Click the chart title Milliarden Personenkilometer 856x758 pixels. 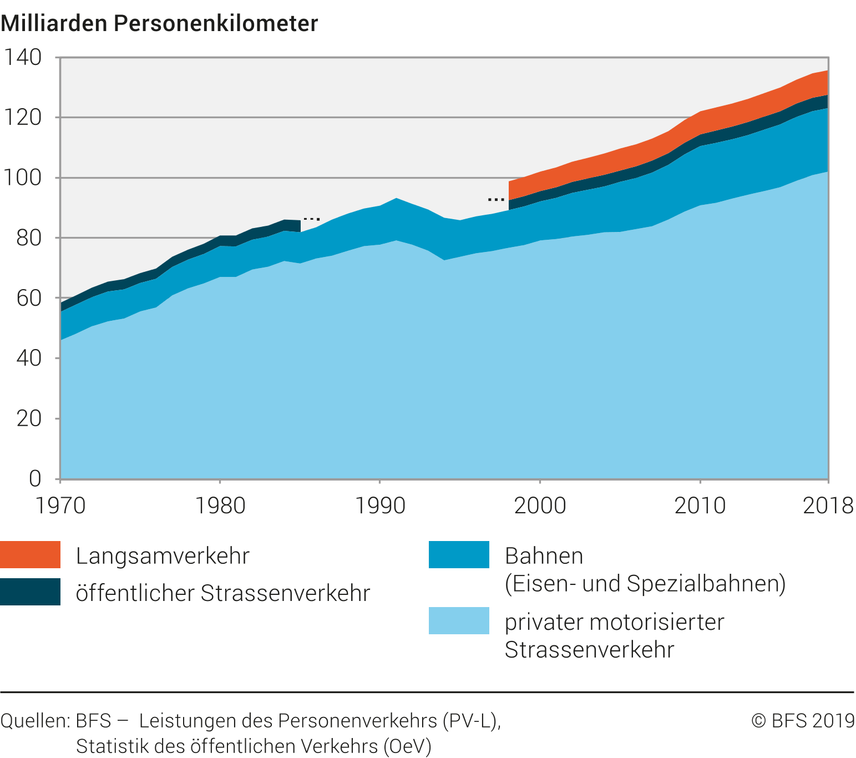(x=159, y=23)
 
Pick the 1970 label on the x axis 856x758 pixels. (x=60, y=506)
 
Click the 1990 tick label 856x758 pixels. (x=380, y=506)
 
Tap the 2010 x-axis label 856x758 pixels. (x=700, y=506)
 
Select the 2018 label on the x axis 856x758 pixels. (x=828, y=506)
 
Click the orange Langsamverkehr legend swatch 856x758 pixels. (x=30, y=554)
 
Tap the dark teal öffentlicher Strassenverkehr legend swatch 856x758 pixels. (x=30, y=592)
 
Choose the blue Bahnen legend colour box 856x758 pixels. (x=459, y=554)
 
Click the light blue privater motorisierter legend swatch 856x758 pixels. (x=459, y=620)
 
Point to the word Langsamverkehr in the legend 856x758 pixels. (x=163, y=556)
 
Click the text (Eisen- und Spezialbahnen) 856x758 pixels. (x=645, y=584)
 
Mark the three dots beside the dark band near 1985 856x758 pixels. (x=312, y=219)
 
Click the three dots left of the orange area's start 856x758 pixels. (x=496, y=199)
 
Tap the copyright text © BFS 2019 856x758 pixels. (x=803, y=721)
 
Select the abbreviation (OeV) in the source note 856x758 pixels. (x=407, y=746)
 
